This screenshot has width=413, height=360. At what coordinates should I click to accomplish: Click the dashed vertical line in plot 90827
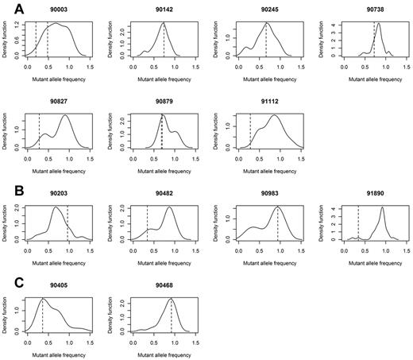point(39,135)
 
